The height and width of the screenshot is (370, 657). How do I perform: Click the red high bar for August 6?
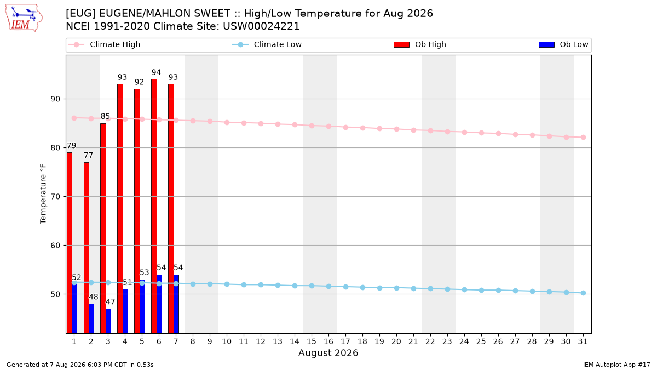pyautogui.click(x=154, y=206)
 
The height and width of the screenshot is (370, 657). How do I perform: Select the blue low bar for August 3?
pyautogui.click(x=108, y=321)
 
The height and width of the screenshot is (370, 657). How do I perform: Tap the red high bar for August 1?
pyautogui.click(x=70, y=243)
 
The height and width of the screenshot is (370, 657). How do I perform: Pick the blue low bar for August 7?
pyautogui.click(x=176, y=304)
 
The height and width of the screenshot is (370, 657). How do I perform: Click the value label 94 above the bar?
pyautogui.click(x=157, y=72)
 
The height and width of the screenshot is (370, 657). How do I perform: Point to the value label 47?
pyautogui.click(x=111, y=302)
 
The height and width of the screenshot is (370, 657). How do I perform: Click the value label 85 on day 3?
pyautogui.click(x=105, y=116)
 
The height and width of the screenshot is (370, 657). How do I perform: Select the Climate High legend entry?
pyautogui.click(x=105, y=44)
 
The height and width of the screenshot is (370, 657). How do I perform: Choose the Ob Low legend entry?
pyautogui.click(x=563, y=44)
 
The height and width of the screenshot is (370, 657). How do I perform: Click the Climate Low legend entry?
pyautogui.click(x=267, y=44)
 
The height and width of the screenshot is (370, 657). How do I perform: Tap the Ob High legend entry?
pyautogui.click(x=420, y=44)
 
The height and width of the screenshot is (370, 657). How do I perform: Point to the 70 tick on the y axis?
pyautogui.click(x=55, y=196)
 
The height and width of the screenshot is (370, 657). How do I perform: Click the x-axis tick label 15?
pyautogui.click(x=312, y=341)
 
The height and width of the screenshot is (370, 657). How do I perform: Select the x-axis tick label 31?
pyautogui.click(x=583, y=341)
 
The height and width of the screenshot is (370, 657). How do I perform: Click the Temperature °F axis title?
pyautogui.click(x=43, y=194)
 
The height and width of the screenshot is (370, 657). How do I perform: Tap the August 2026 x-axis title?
pyautogui.click(x=328, y=352)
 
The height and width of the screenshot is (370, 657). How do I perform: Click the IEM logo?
pyautogui.click(x=24, y=18)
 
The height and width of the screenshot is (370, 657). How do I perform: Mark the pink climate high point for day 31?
pyautogui.click(x=583, y=137)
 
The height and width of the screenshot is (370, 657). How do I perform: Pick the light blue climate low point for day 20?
pyautogui.click(x=396, y=288)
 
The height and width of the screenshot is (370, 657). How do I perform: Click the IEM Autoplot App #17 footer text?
pyautogui.click(x=616, y=365)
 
